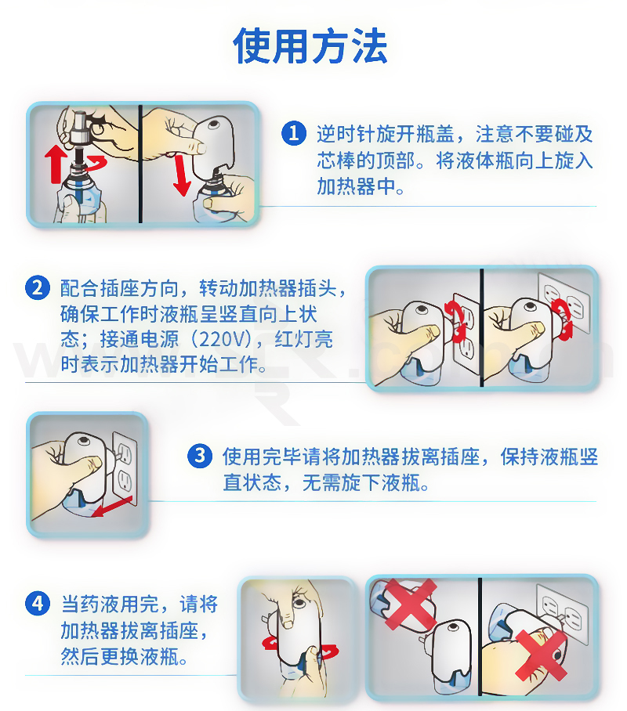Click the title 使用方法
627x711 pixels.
[310, 45]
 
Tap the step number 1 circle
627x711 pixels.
[294, 133]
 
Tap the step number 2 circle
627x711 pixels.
[38, 288]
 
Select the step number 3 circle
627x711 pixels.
[200, 456]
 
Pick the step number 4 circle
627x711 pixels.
[38, 604]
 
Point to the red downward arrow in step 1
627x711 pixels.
[181, 175]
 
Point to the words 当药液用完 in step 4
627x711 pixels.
[111, 604]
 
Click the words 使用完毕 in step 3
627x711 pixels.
[262, 457]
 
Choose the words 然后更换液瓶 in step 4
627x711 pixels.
[120, 655]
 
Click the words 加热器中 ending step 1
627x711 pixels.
[356, 186]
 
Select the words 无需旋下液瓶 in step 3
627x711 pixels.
[361, 482]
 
